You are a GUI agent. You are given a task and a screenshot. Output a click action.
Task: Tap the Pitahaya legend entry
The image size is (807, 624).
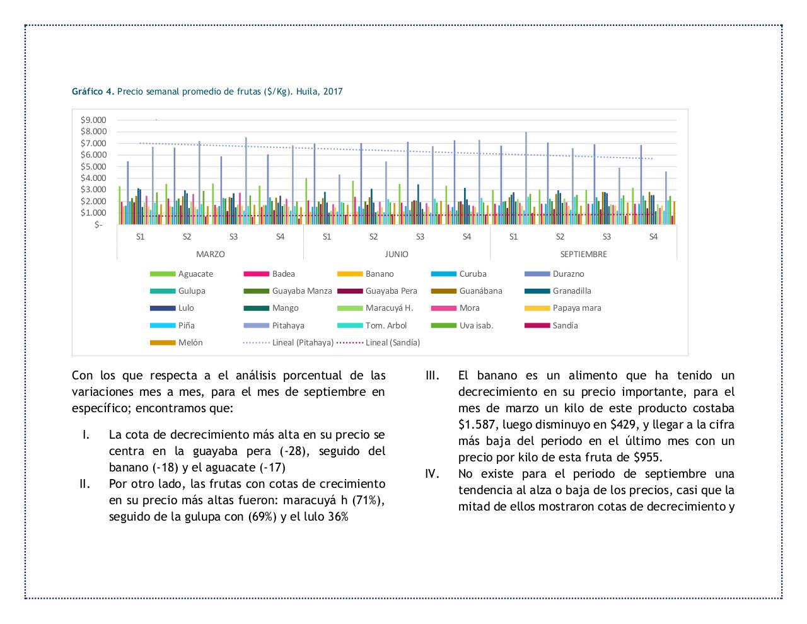(x=288, y=326)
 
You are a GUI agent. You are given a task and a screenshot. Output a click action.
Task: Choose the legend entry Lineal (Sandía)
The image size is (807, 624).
(x=392, y=343)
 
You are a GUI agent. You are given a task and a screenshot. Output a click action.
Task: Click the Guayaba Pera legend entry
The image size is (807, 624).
(x=386, y=291)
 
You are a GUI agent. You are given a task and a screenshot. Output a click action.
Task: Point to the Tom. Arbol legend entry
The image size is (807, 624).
(x=386, y=326)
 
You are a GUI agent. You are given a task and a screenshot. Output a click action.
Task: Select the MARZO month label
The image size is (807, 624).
(x=210, y=255)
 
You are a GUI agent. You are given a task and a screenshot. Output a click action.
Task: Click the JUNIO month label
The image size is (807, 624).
(x=397, y=255)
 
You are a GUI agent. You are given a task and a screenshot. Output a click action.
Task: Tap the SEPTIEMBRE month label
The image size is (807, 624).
(x=583, y=255)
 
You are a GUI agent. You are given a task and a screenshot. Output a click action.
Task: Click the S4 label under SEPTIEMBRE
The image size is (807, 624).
(x=653, y=237)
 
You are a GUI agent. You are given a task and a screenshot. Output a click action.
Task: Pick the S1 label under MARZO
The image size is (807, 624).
(x=140, y=237)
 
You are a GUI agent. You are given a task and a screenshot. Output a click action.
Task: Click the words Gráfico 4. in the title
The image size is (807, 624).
(x=93, y=91)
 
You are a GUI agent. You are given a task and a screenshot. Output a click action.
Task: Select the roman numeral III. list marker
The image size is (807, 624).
(x=433, y=376)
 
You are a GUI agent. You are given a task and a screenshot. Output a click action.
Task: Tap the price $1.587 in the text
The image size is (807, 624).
(x=479, y=425)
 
